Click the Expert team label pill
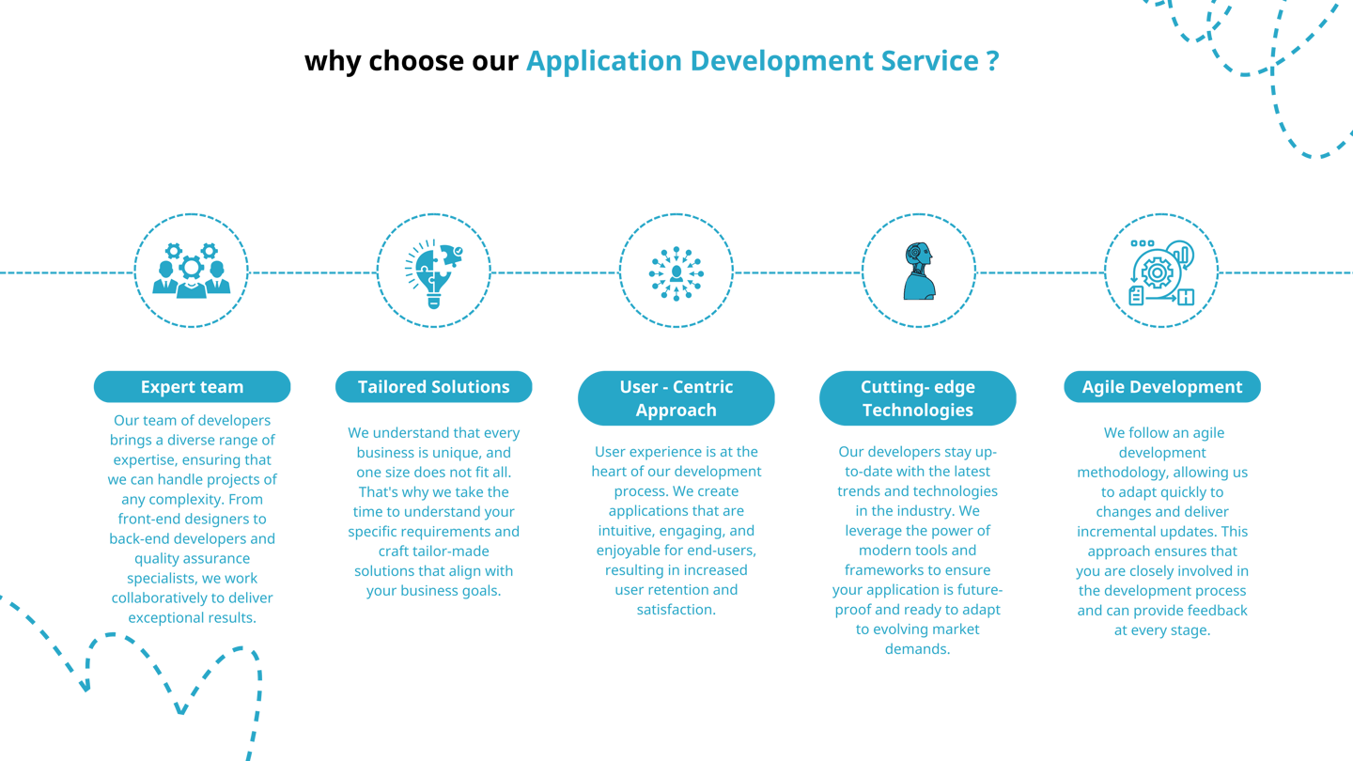pyautogui.click(x=192, y=387)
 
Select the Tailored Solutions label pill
pyautogui.click(x=433, y=387)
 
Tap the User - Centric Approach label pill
pyautogui.click(x=676, y=398)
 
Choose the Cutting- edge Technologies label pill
pyautogui.click(x=917, y=398)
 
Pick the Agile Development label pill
pyautogui.click(x=1161, y=387)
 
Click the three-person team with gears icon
pyautogui.click(x=192, y=271)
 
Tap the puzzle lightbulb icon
pyautogui.click(x=433, y=271)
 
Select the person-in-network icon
pyautogui.click(x=676, y=271)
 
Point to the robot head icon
pyautogui.click(x=917, y=271)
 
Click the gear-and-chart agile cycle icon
pyautogui.click(x=1161, y=272)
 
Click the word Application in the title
pyautogui.click(x=603, y=62)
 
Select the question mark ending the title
pyautogui.click(x=993, y=62)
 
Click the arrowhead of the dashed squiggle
pyautogui.click(x=85, y=686)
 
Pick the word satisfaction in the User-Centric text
pyautogui.click(x=676, y=610)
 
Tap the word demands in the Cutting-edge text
pyautogui.click(x=917, y=649)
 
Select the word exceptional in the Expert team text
pyautogui.click(x=166, y=618)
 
